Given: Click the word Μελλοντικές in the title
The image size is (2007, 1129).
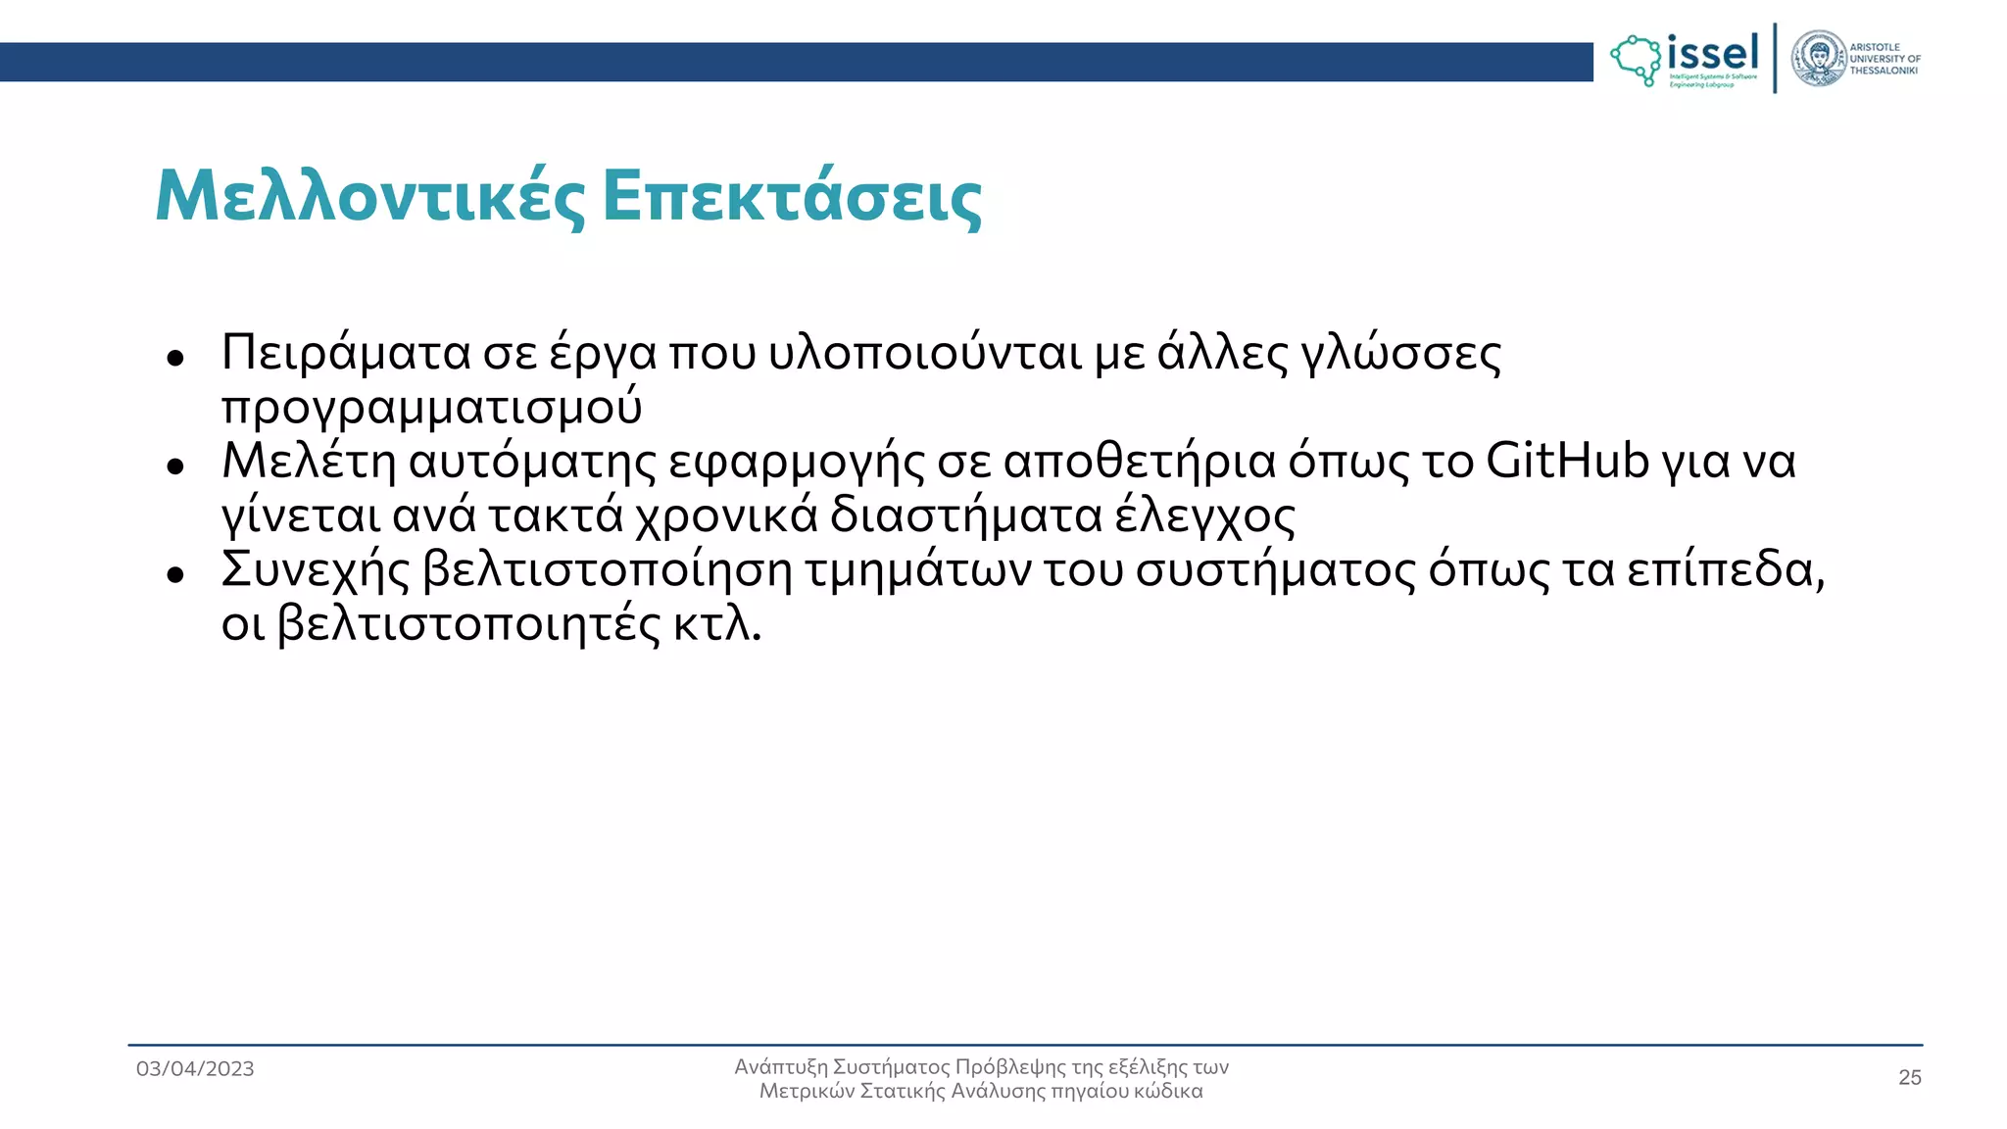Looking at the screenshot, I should [x=369, y=197].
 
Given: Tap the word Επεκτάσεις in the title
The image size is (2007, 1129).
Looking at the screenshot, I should [x=792, y=197].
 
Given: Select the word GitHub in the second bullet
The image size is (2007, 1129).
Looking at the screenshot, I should [x=1567, y=460].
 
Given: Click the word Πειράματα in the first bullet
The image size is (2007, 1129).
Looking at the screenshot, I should [x=345, y=352].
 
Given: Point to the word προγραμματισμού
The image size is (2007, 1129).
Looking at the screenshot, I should [x=431, y=407].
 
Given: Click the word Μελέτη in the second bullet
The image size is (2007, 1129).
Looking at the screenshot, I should [x=309, y=460].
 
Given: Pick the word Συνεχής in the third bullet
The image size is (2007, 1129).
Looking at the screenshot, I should [x=315, y=569].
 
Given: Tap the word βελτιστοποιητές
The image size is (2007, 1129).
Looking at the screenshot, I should [x=469, y=623].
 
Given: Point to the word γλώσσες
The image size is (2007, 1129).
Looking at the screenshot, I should [x=1400, y=353].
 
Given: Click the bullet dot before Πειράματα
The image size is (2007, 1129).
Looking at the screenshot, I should [x=175, y=358].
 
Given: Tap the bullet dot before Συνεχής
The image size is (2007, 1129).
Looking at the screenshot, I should [x=175, y=574].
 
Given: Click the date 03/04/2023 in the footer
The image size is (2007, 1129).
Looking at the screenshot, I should [x=195, y=1068].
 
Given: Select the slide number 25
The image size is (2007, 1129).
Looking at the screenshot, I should [x=1909, y=1077].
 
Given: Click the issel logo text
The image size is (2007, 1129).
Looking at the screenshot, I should [x=1712, y=53].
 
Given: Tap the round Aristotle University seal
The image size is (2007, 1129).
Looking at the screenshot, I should [x=1819, y=59].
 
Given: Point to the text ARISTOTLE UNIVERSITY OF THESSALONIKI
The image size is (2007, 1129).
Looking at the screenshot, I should [x=1885, y=59].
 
